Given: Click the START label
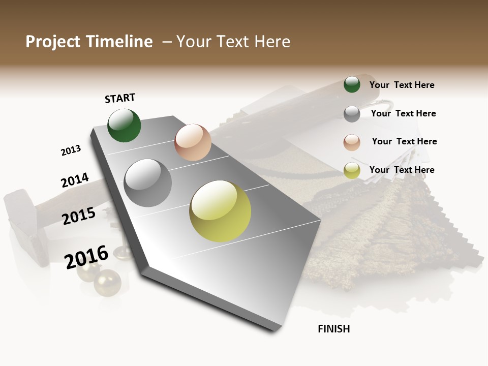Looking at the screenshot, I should tap(120, 98).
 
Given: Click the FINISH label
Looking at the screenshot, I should tap(333, 329).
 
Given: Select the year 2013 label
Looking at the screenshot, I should tap(71, 150).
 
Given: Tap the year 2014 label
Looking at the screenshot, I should tap(75, 180).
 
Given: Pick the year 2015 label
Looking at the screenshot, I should tap(79, 216).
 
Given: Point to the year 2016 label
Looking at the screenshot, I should tap(86, 257).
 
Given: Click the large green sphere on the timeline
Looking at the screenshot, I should tap(124, 126).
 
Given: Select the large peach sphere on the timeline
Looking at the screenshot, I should tap(193, 142).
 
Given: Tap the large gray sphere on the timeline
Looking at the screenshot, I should tap(148, 183).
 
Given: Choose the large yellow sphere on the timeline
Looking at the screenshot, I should tap(220, 211).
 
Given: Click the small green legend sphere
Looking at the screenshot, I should tap(352, 85).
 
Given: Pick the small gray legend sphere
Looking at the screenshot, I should tap(352, 114).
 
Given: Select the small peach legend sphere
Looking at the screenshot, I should tap(352, 142).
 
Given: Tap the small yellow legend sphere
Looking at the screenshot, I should tap(352, 171).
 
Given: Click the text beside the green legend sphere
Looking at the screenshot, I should tap(402, 85).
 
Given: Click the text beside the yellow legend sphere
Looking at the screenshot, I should tap(402, 170).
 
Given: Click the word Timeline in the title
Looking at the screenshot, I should tap(120, 42).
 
